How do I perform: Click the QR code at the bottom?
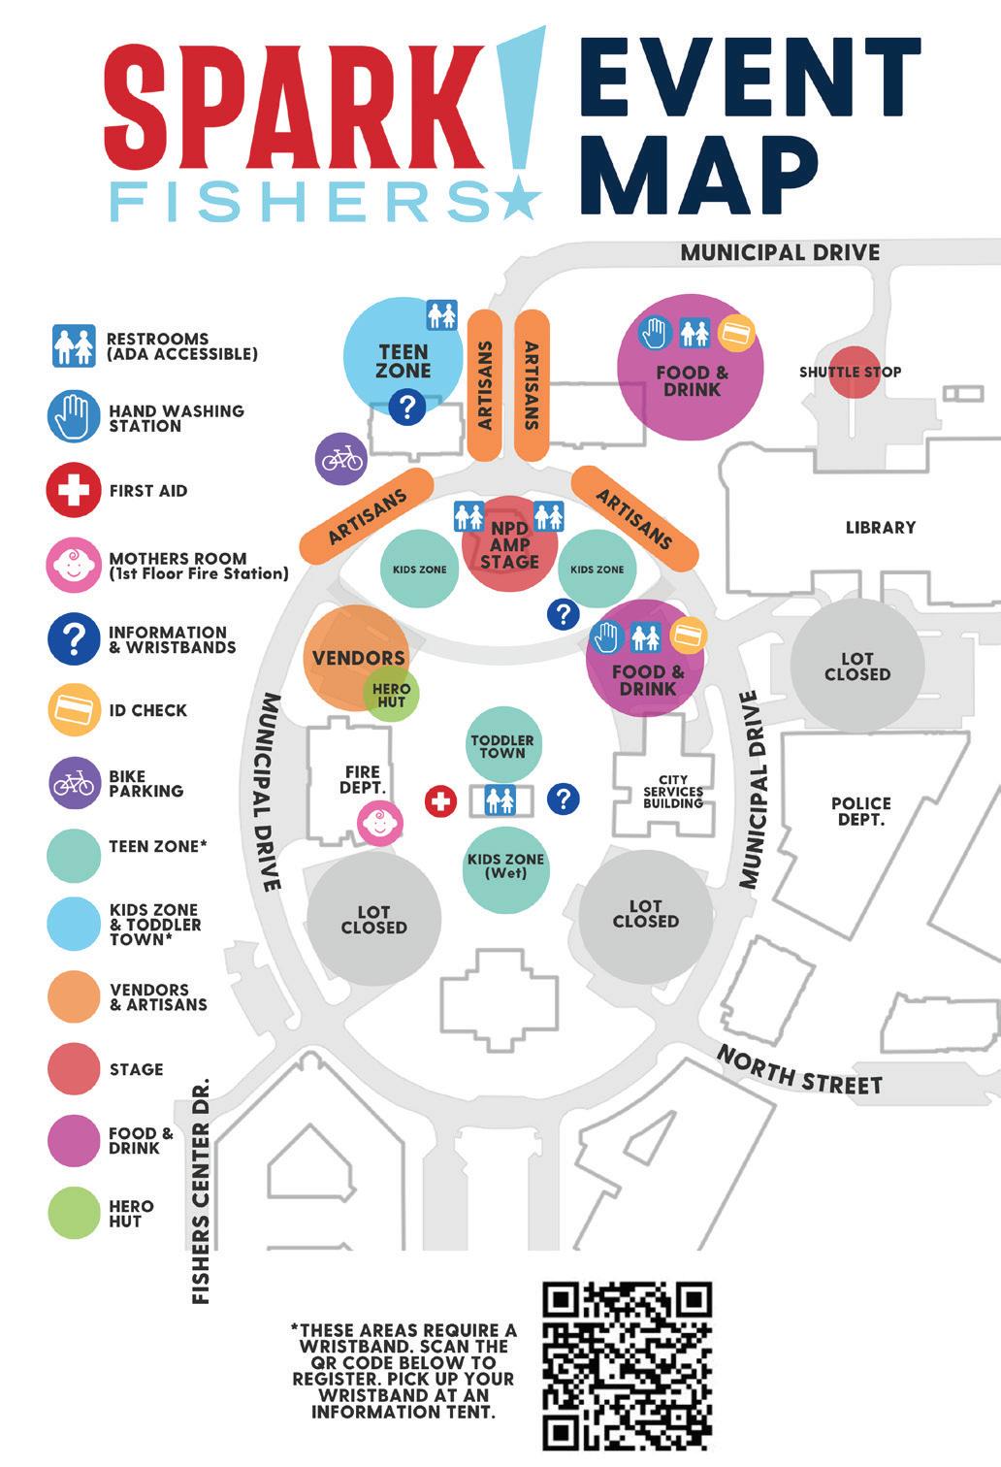628,1366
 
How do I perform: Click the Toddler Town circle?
501,745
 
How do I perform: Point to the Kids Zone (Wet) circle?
505,868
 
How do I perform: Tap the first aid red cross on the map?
440,801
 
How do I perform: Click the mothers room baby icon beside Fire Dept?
379,824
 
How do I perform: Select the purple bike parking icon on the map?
341,458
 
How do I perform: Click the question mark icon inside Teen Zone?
407,407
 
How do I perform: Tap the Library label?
880,528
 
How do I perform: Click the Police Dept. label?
860,811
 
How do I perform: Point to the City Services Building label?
672,792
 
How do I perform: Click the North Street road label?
800,1070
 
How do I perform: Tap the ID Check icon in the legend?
74,710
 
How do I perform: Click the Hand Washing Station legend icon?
74,417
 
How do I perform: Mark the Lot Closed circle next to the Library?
856,666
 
